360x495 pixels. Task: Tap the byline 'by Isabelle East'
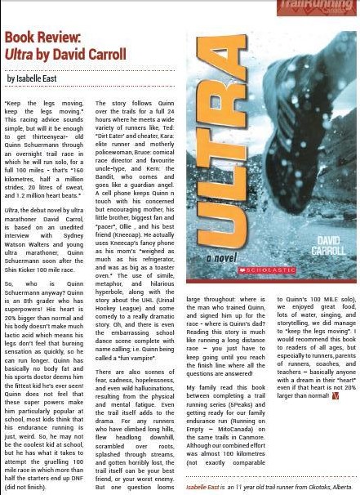coord(36,78)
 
